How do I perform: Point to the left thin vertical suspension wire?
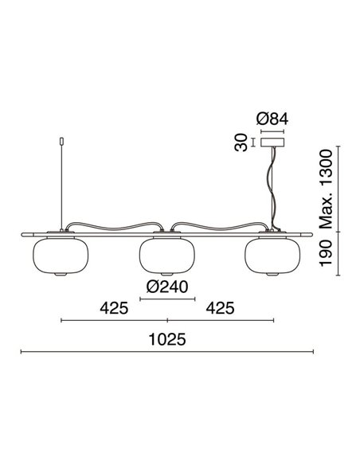(x=61, y=187)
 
